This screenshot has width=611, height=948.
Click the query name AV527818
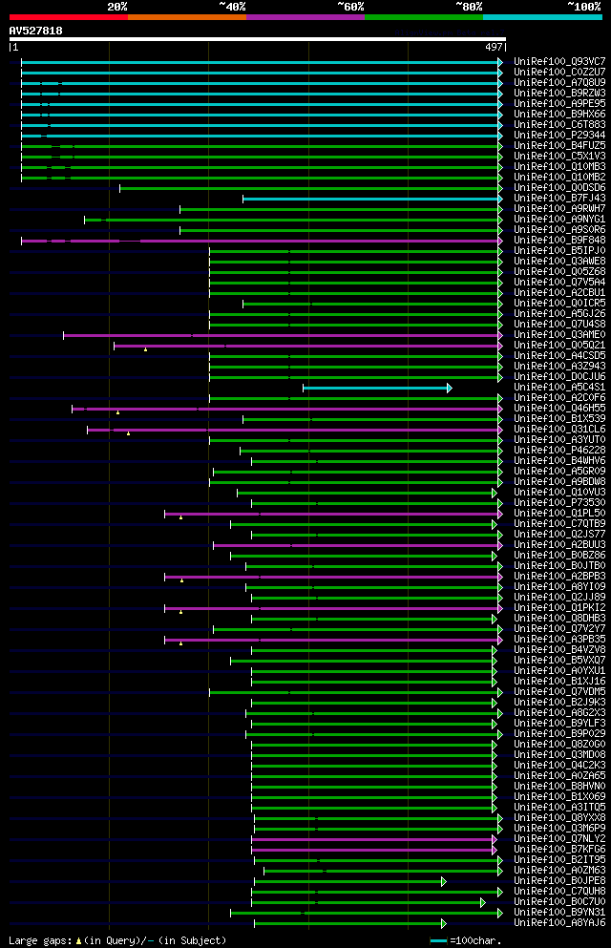pyautogui.click(x=36, y=31)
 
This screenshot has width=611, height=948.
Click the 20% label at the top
pyautogui.click(x=117, y=7)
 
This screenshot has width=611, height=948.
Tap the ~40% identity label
pyautogui.click(x=232, y=7)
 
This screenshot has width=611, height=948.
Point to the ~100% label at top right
pyautogui.click(x=584, y=7)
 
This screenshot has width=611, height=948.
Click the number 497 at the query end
pyautogui.click(x=494, y=47)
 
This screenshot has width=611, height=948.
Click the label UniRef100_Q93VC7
pyautogui.click(x=558, y=61)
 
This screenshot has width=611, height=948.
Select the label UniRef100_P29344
pyautogui.click(x=558, y=135)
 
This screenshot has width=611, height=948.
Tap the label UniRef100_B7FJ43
pyautogui.click(x=558, y=198)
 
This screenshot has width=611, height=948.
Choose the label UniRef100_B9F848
pyautogui.click(x=558, y=240)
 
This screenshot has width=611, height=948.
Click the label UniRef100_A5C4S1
pyautogui.click(x=558, y=387)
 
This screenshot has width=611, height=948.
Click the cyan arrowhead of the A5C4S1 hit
pyautogui.click(x=449, y=388)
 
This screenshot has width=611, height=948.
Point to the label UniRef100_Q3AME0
pyautogui.click(x=558, y=334)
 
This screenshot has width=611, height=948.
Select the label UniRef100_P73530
pyautogui.click(x=558, y=502)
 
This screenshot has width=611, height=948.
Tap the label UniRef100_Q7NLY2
pyautogui.click(x=558, y=838)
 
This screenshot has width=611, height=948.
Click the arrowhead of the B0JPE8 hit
pyautogui.click(x=443, y=881)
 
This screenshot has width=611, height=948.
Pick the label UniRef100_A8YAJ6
pyautogui.click(x=558, y=922)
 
